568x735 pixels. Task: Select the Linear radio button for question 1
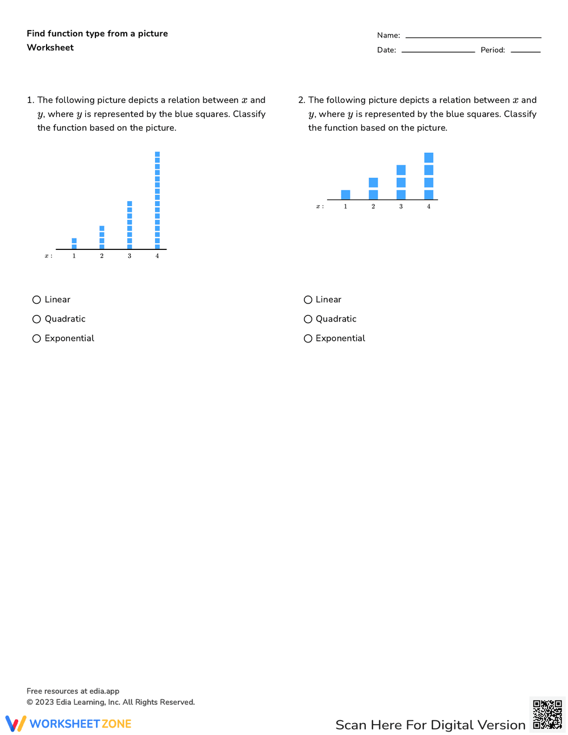(x=37, y=300)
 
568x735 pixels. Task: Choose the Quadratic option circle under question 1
(x=37, y=319)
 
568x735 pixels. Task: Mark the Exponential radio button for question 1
(x=37, y=339)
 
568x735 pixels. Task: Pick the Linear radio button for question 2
(x=308, y=300)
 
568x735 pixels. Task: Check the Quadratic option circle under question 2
(x=308, y=319)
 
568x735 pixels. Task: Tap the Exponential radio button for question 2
(x=308, y=339)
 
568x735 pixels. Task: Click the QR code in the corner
(x=548, y=714)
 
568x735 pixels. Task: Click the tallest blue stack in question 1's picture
(x=157, y=201)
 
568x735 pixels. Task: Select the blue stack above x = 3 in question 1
(x=130, y=225)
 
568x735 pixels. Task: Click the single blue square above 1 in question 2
(x=345, y=195)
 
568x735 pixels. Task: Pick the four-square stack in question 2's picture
(x=429, y=176)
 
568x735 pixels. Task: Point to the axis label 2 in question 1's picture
(x=102, y=256)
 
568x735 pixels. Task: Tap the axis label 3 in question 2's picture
(x=401, y=207)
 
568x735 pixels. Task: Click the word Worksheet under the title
(x=51, y=48)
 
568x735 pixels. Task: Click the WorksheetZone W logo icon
(x=16, y=724)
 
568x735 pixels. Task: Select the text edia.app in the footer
(x=104, y=691)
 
